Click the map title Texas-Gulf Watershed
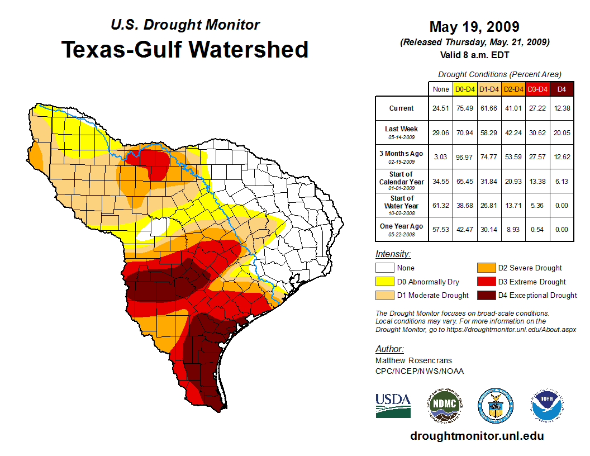tap(184, 49)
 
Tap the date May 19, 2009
tap(474, 26)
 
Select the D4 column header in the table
tap(562, 89)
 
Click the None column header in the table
tap(440, 89)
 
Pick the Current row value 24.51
tap(440, 108)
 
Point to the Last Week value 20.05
tap(562, 132)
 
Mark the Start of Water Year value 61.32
tap(440, 205)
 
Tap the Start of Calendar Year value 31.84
tap(489, 181)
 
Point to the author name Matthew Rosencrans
tap(413, 360)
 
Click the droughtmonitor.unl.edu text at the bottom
tap(477, 436)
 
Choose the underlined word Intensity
tap(393, 254)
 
